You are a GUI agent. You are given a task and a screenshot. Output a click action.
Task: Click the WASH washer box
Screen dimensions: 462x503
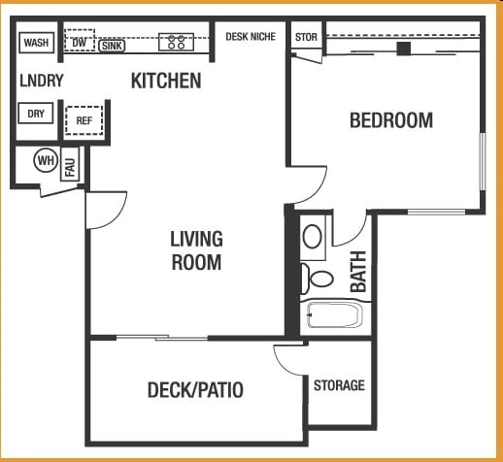[36, 43]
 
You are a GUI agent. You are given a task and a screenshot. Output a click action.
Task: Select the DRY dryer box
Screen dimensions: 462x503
[36, 114]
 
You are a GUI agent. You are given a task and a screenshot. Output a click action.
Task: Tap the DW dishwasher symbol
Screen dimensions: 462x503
[79, 43]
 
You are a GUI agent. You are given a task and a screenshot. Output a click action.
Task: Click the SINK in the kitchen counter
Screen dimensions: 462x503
[112, 45]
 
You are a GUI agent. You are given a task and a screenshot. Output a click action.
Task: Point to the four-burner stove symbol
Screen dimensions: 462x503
[177, 42]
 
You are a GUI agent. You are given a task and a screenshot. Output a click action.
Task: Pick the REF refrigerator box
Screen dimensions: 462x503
[84, 121]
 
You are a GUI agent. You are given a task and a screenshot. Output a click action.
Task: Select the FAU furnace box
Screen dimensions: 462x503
[70, 166]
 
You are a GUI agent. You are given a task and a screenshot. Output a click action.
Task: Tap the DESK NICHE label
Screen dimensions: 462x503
[251, 37]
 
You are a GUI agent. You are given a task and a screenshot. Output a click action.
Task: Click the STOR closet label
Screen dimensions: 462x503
[305, 38]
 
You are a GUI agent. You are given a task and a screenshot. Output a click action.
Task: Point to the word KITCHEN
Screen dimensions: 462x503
[166, 82]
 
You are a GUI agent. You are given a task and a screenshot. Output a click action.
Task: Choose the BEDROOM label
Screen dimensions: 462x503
[391, 120]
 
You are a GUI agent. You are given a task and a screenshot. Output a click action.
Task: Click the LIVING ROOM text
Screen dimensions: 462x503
[196, 250]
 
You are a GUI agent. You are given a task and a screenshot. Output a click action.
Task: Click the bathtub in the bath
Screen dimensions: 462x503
[333, 315]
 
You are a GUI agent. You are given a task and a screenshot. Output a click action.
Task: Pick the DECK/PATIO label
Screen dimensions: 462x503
[195, 391]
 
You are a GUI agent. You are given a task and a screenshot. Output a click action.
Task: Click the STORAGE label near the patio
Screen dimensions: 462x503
[339, 386]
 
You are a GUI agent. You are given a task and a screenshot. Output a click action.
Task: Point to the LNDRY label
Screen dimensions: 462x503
[41, 82]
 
